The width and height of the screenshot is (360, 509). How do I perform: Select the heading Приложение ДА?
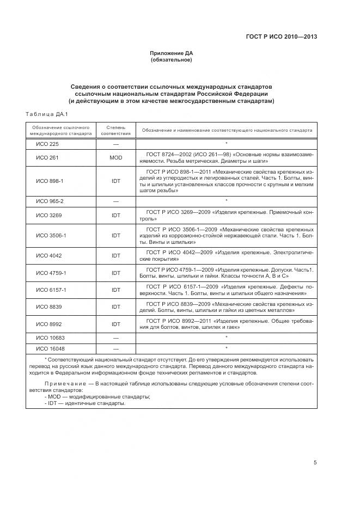172,53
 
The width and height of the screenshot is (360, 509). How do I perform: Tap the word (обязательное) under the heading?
172,59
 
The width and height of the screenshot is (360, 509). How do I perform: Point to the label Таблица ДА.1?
46,114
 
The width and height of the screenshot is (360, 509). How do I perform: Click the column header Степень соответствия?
116,130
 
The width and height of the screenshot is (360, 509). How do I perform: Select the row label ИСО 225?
47,144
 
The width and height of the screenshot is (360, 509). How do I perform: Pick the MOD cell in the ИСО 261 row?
116,158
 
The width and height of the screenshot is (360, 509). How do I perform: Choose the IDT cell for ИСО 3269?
116,216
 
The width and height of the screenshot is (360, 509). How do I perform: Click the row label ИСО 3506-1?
51,236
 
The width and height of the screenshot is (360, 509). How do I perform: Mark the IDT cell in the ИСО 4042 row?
116,255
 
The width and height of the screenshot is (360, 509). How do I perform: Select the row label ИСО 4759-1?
51,273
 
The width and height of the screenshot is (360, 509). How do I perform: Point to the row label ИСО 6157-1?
51,290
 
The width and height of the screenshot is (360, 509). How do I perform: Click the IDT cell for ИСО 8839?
116,307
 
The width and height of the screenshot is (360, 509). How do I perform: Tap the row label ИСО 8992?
48,324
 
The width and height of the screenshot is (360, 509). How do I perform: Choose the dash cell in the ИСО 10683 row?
116,338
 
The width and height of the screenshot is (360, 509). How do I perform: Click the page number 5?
315,463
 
